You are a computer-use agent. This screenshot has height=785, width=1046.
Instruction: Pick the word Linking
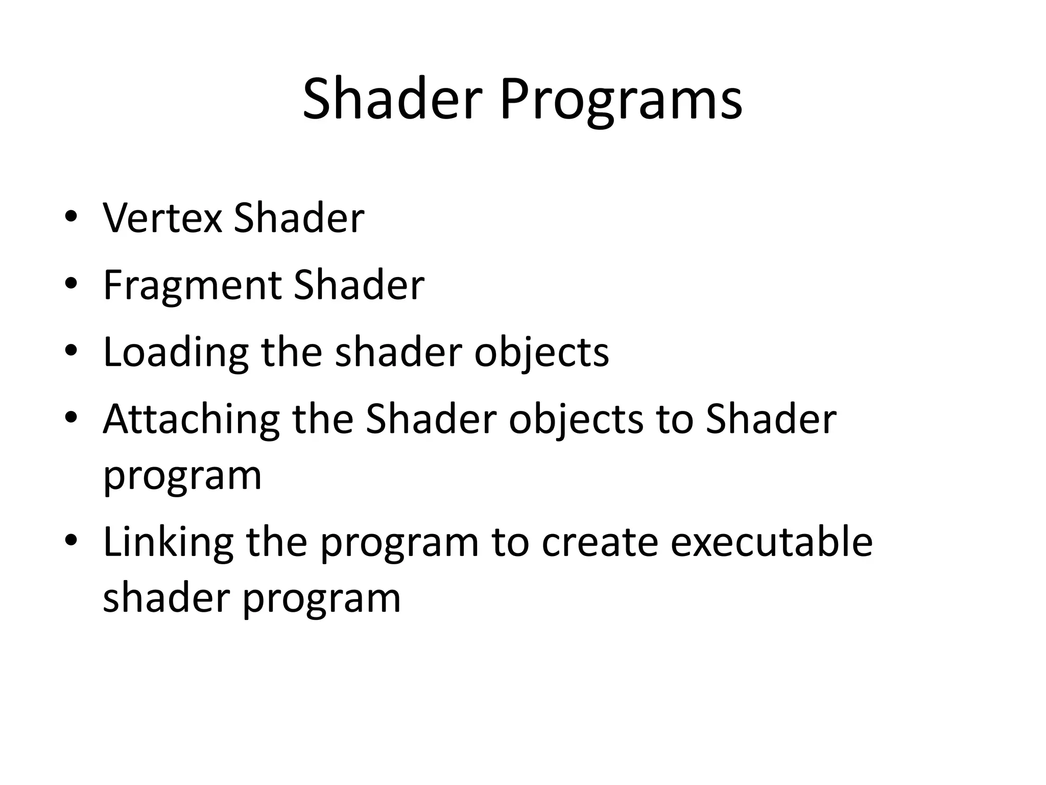(168, 543)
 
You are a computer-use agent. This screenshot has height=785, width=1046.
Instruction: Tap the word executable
(771, 542)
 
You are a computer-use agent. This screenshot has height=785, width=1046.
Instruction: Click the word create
(600, 543)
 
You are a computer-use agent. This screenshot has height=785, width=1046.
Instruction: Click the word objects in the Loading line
(541, 354)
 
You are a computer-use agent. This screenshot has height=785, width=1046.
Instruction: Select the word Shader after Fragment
(359, 285)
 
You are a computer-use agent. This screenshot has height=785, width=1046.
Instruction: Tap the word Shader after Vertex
(299, 218)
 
